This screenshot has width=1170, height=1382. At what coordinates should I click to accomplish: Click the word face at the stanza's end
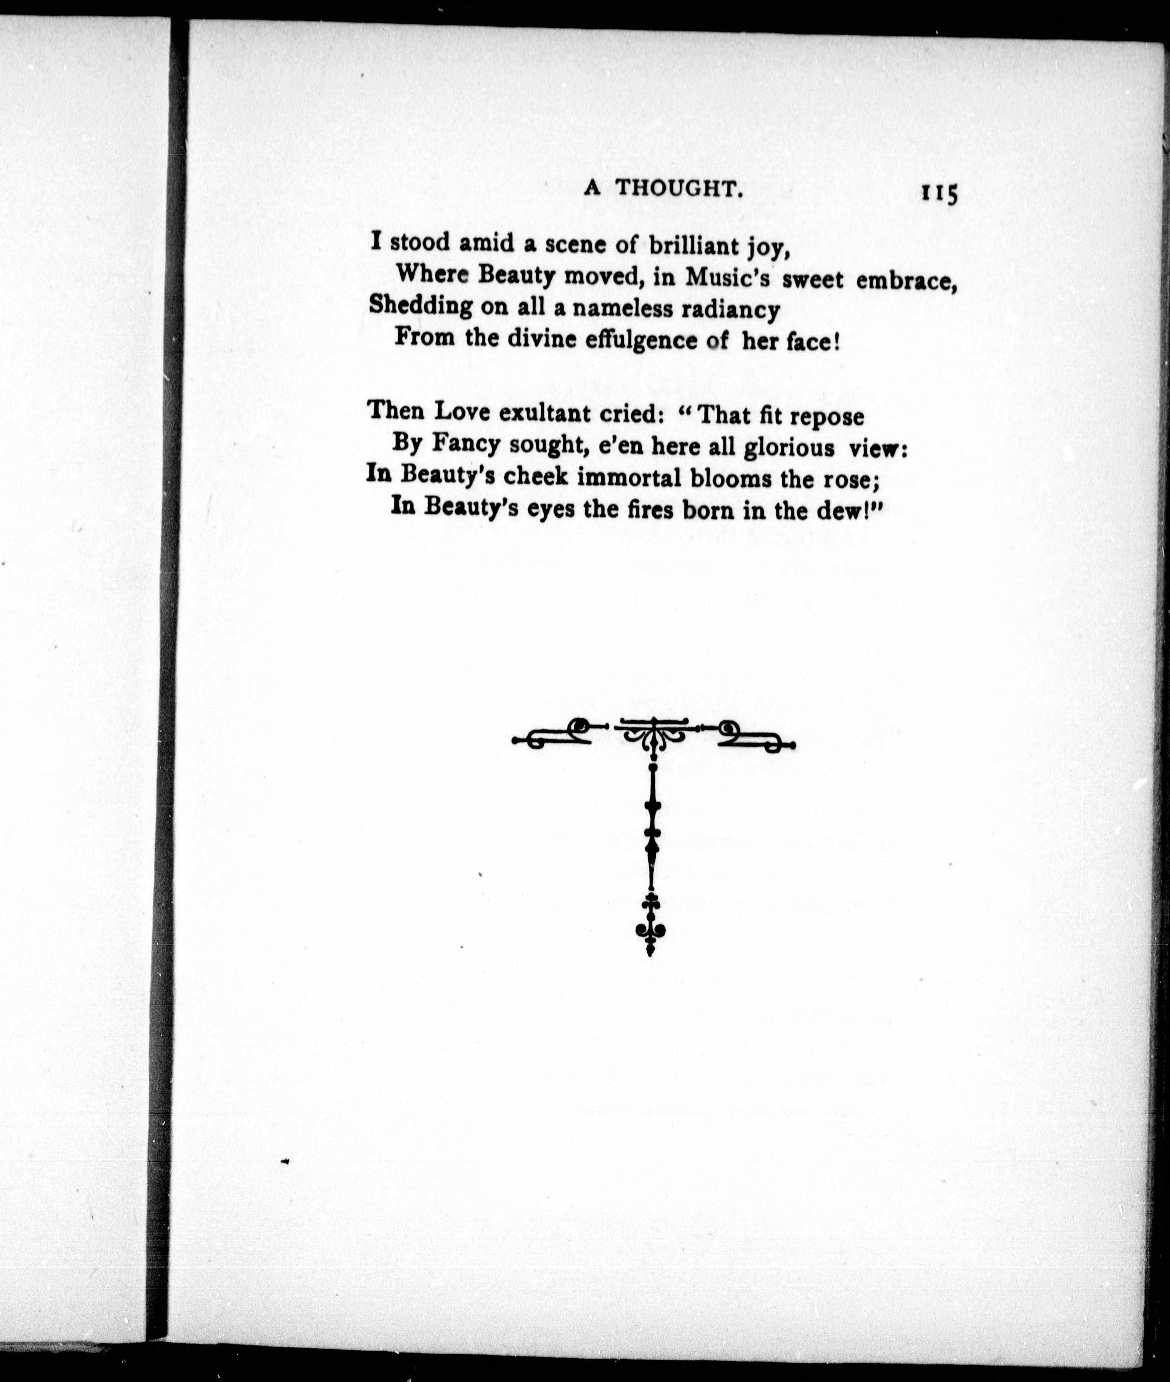click(x=817, y=343)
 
